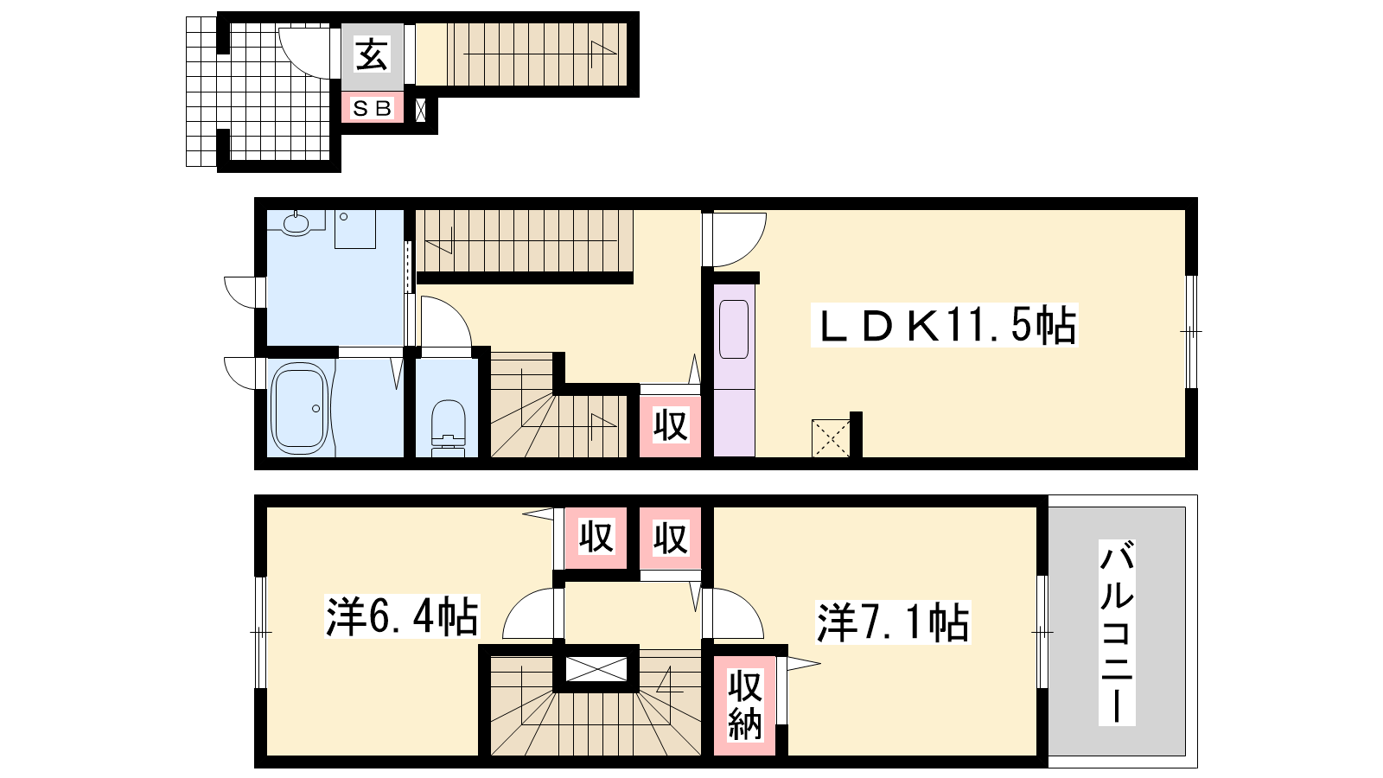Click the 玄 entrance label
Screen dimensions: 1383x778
click(372, 54)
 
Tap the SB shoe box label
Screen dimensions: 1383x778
click(372, 109)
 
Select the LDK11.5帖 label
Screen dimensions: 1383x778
click(945, 325)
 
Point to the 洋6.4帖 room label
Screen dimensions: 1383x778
click(402, 615)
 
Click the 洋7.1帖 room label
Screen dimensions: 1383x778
click(894, 622)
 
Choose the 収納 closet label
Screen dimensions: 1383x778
click(744, 705)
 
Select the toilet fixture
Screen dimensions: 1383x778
click(449, 427)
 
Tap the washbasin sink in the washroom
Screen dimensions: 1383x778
click(296, 224)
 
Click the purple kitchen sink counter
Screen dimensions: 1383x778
click(734, 371)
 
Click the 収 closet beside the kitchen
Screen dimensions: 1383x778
click(670, 425)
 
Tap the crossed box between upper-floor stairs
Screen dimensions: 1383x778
click(596, 669)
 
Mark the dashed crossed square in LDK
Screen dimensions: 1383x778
click(831, 438)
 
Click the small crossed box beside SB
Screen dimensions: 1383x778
click(420, 110)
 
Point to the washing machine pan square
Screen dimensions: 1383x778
click(355, 229)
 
